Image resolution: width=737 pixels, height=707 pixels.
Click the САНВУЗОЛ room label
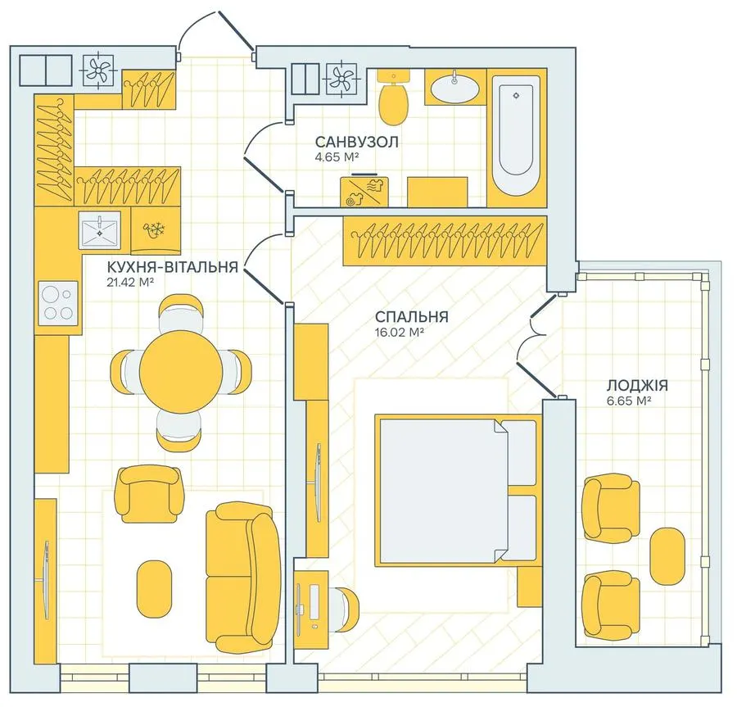[x=357, y=142]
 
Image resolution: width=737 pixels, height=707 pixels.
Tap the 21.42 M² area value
[x=131, y=282]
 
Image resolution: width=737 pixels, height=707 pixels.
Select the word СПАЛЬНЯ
[x=411, y=317]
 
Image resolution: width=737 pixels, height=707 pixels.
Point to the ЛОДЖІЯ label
[x=637, y=386]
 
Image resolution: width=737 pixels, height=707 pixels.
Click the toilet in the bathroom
[x=394, y=97]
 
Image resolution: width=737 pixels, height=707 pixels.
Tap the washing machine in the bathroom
[x=364, y=192]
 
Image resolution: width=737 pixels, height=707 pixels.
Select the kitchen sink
[x=99, y=229]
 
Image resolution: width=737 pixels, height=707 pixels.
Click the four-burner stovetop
[x=58, y=303]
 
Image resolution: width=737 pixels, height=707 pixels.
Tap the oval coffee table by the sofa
[x=154, y=588]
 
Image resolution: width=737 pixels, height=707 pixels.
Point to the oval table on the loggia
[x=667, y=556]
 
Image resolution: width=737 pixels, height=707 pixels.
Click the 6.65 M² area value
[x=628, y=401]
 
